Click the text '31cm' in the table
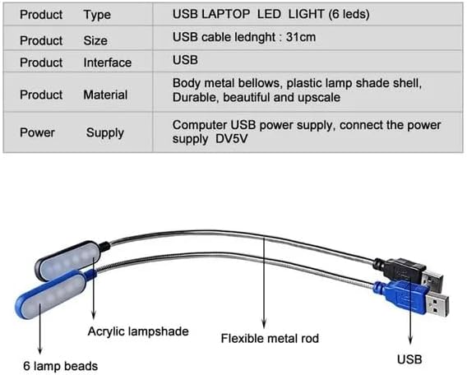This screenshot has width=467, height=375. coord(301,37)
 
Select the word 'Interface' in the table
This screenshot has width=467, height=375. coord(107,62)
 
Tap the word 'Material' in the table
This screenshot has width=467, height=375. coord(105,95)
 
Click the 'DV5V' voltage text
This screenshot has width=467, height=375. coord(231,139)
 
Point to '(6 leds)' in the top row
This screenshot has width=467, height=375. coord(349,14)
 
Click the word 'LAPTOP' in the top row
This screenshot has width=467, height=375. coord(225,14)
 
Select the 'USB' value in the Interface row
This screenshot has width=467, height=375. coord(185,60)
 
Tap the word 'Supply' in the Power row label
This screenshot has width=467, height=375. coord(105,133)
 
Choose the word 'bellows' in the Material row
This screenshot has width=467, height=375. coord(260,83)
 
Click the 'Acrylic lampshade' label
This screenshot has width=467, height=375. coord(138,331)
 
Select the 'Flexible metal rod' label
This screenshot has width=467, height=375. coord(270,338)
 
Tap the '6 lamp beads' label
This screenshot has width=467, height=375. coord(61,366)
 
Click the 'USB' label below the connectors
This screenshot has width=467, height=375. coord(409,359)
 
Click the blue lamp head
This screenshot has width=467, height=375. coord(51,295)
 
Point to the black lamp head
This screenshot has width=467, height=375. coord(67,260)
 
